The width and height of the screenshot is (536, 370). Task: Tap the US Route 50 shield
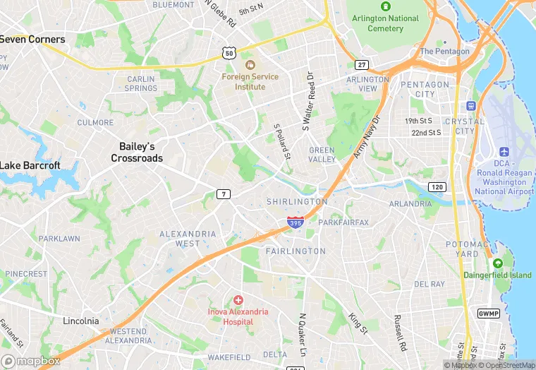(x=228, y=52)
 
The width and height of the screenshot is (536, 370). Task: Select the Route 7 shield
(x=224, y=194)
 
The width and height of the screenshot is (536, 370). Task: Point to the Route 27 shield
(x=362, y=65)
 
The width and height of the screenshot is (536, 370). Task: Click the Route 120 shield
(x=437, y=186)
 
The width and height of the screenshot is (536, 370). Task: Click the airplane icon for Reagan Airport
(x=504, y=152)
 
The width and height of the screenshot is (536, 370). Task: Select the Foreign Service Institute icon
(x=249, y=64)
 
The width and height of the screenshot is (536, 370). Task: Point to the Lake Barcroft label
(x=30, y=165)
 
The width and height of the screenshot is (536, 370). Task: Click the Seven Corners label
(x=32, y=40)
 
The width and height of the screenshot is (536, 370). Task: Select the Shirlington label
(x=297, y=202)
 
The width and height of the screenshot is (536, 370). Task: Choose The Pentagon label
(x=444, y=52)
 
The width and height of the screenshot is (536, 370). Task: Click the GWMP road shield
(x=488, y=313)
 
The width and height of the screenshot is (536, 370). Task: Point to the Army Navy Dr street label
(x=366, y=137)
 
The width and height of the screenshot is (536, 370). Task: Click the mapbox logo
(x=31, y=360)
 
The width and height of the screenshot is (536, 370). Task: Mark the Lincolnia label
(x=80, y=321)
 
